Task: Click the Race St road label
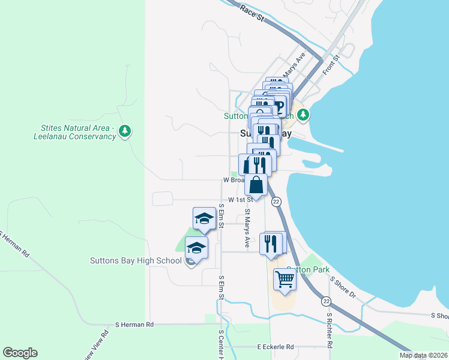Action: point(252,13)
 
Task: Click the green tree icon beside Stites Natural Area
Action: point(125,131)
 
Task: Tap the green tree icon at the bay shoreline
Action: point(304,114)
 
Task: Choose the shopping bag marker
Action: point(256,185)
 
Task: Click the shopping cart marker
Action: point(285,280)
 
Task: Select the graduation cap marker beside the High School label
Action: point(196,248)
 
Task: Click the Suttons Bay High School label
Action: point(135,260)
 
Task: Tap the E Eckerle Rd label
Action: point(276,347)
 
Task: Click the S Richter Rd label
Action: point(329,330)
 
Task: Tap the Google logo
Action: point(20,353)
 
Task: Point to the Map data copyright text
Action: point(423,355)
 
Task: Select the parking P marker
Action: point(279,109)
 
